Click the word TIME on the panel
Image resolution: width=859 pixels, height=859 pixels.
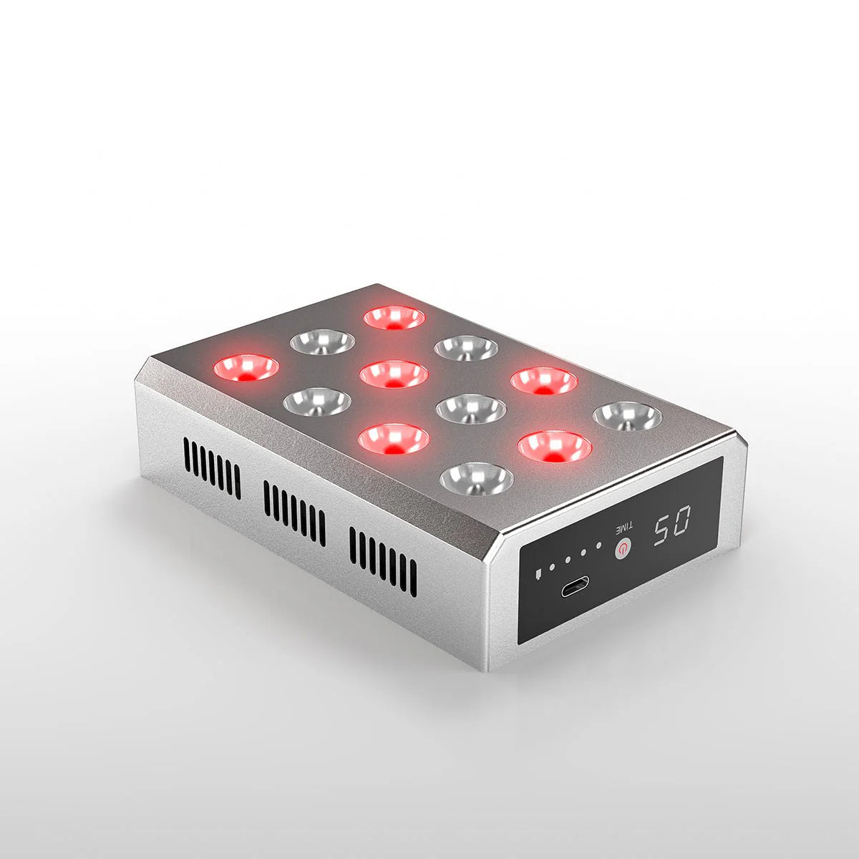(x=621, y=530)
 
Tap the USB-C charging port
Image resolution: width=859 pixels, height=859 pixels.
(x=576, y=588)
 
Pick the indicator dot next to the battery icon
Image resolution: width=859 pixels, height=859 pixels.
(x=552, y=570)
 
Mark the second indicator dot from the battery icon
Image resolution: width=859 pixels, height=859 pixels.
(x=568, y=565)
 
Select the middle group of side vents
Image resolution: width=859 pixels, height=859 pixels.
(x=294, y=513)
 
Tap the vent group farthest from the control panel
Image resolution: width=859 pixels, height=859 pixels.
(x=213, y=469)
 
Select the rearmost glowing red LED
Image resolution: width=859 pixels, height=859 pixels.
(x=394, y=317)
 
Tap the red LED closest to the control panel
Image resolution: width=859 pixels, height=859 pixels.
(x=554, y=447)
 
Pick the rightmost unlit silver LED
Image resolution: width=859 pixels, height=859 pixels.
(x=628, y=416)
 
